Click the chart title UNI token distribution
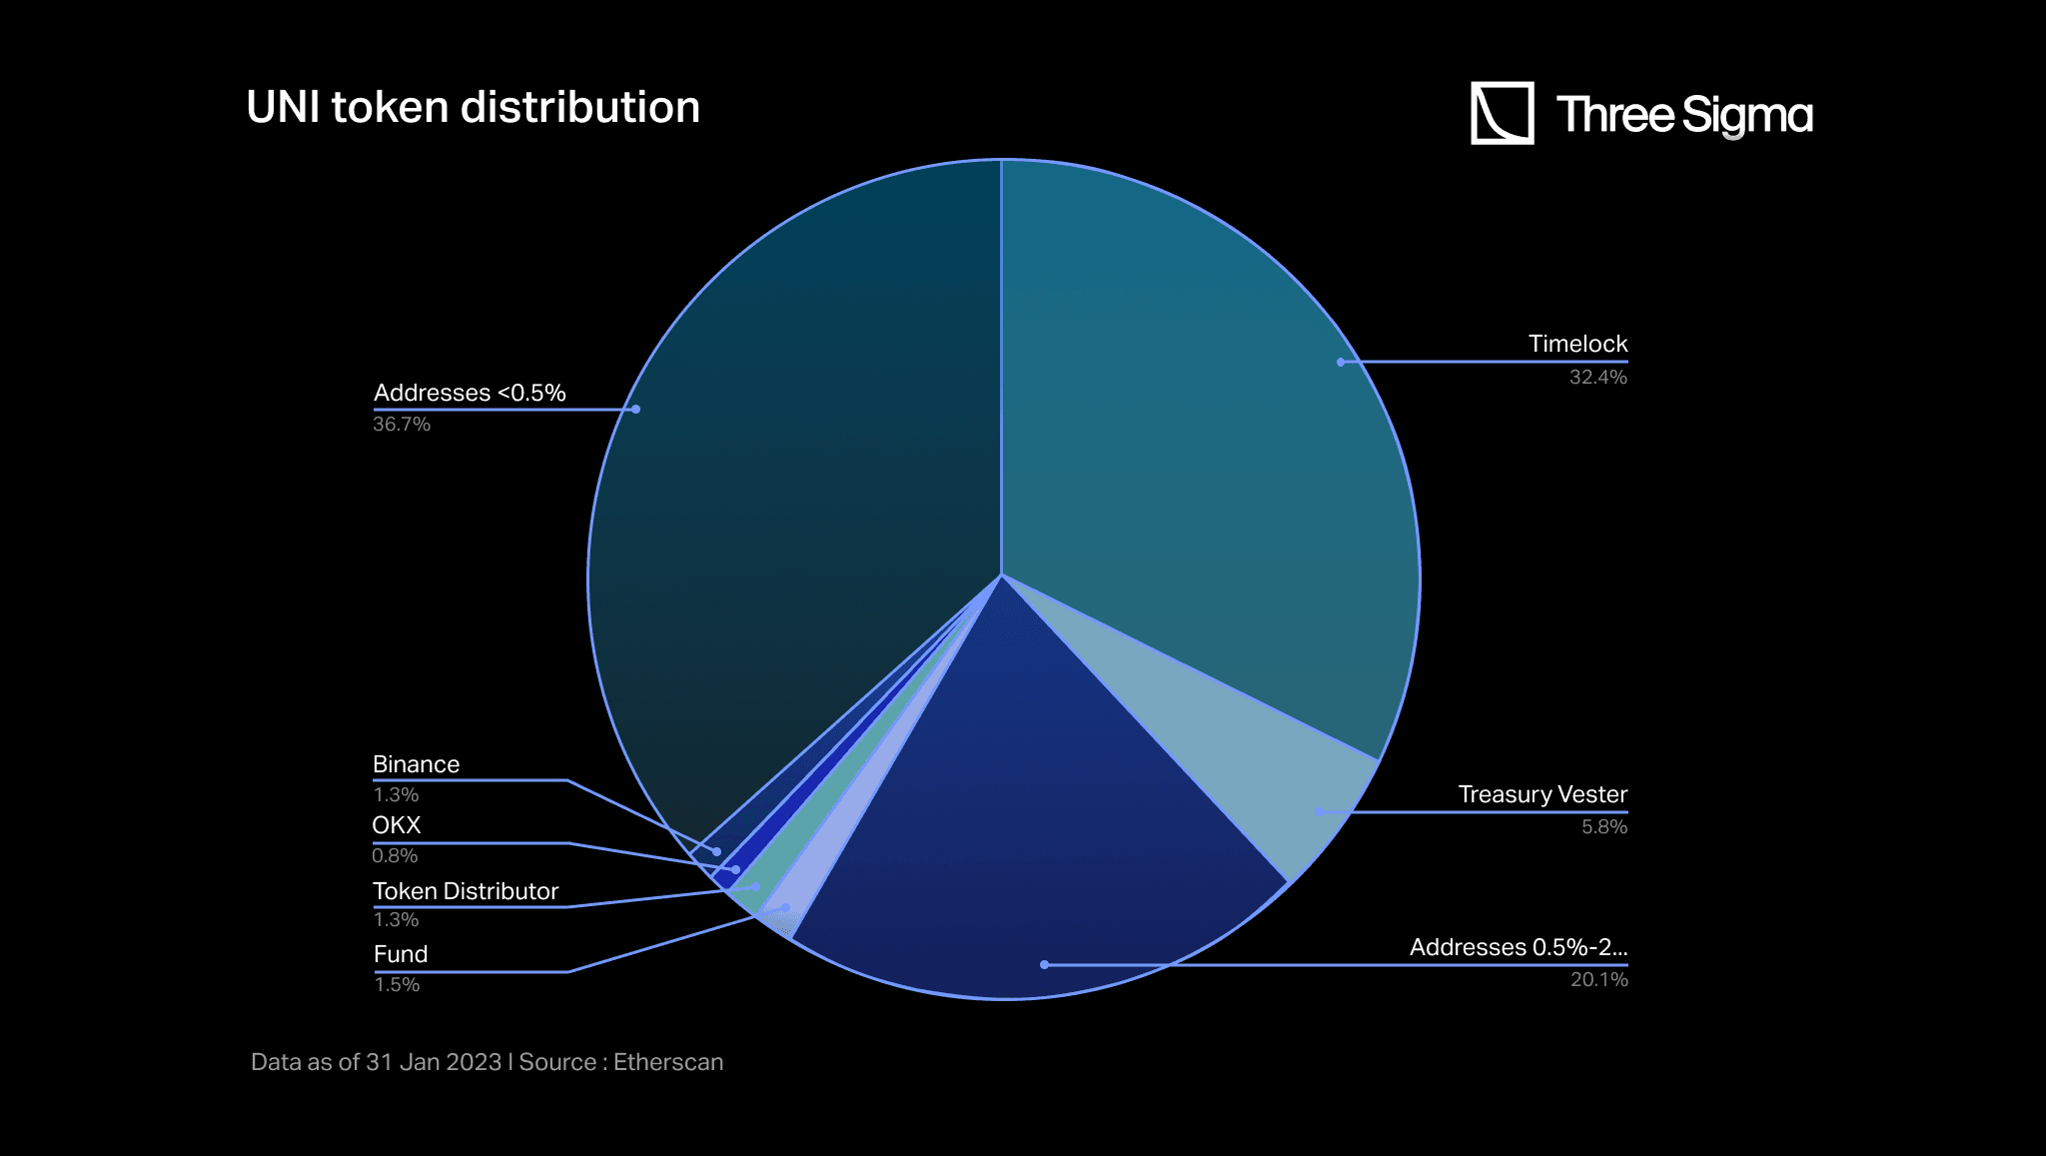pyautogui.click(x=473, y=107)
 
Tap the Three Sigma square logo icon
pyautogui.click(x=1502, y=113)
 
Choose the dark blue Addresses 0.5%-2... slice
pyautogui.click(x=1029, y=849)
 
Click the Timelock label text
pyautogui.click(x=1577, y=344)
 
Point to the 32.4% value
pyautogui.click(x=1597, y=377)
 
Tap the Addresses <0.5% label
pyautogui.click(x=470, y=393)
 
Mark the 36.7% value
pyautogui.click(x=402, y=424)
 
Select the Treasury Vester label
pyautogui.click(x=1542, y=794)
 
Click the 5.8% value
pyautogui.click(x=1603, y=826)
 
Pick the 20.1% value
pyautogui.click(x=1598, y=979)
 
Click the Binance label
pyautogui.click(x=416, y=764)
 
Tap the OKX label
pyautogui.click(x=397, y=825)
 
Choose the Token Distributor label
pyautogui.click(x=466, y=891)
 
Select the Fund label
pyautogui.click(x=401, y=954)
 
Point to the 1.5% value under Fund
pyautogui.click(x=397, y=984)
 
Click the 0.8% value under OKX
pyautogui.click(x=395, y=855)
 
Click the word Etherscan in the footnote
pyautogui.click(x=668, y=1062)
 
